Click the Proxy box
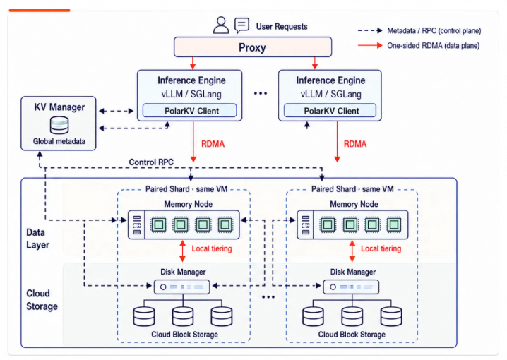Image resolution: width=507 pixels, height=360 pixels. [253, 47]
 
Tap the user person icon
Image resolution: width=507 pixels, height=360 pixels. [221, 25]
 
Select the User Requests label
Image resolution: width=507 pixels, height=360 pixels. [282, 27]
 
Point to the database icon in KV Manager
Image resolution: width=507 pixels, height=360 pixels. [59, 125]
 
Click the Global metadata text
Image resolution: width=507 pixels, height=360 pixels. [59, 141]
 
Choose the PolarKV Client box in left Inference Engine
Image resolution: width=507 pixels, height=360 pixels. [189, 111]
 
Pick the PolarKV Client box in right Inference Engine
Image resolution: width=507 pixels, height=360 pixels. [330, 111]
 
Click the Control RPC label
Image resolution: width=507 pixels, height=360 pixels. [151, 162]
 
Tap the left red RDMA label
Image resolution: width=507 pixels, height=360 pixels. [213, 144]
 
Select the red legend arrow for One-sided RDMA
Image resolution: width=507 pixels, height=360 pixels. [370, 46]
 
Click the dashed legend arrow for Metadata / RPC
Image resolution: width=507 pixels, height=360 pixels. [370, 30]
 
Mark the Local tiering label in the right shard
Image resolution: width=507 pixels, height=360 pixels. [381, 248]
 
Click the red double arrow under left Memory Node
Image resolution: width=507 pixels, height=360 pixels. [182, 251]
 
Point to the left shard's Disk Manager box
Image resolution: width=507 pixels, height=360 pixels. [181, 287]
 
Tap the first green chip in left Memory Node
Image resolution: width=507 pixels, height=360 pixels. [159, 224]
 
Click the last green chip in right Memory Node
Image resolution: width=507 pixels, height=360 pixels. [394, 224]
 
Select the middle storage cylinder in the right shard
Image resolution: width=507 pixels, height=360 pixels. [352, 316]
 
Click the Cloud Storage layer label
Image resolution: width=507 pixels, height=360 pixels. [42, 299]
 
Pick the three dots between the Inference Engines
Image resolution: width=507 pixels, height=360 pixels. [261, 93]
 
